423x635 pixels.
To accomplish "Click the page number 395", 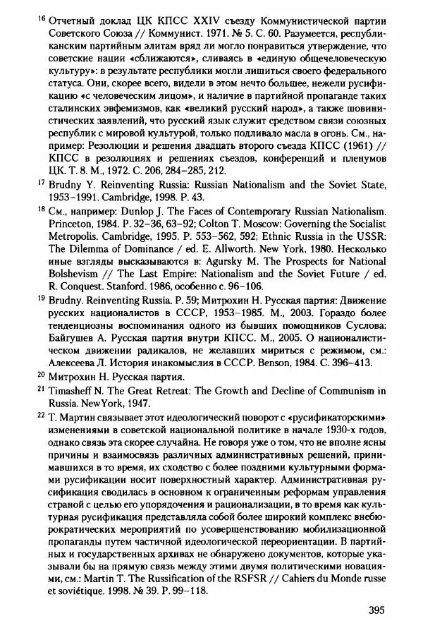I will pyautogui.click(x=377, y=610).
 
